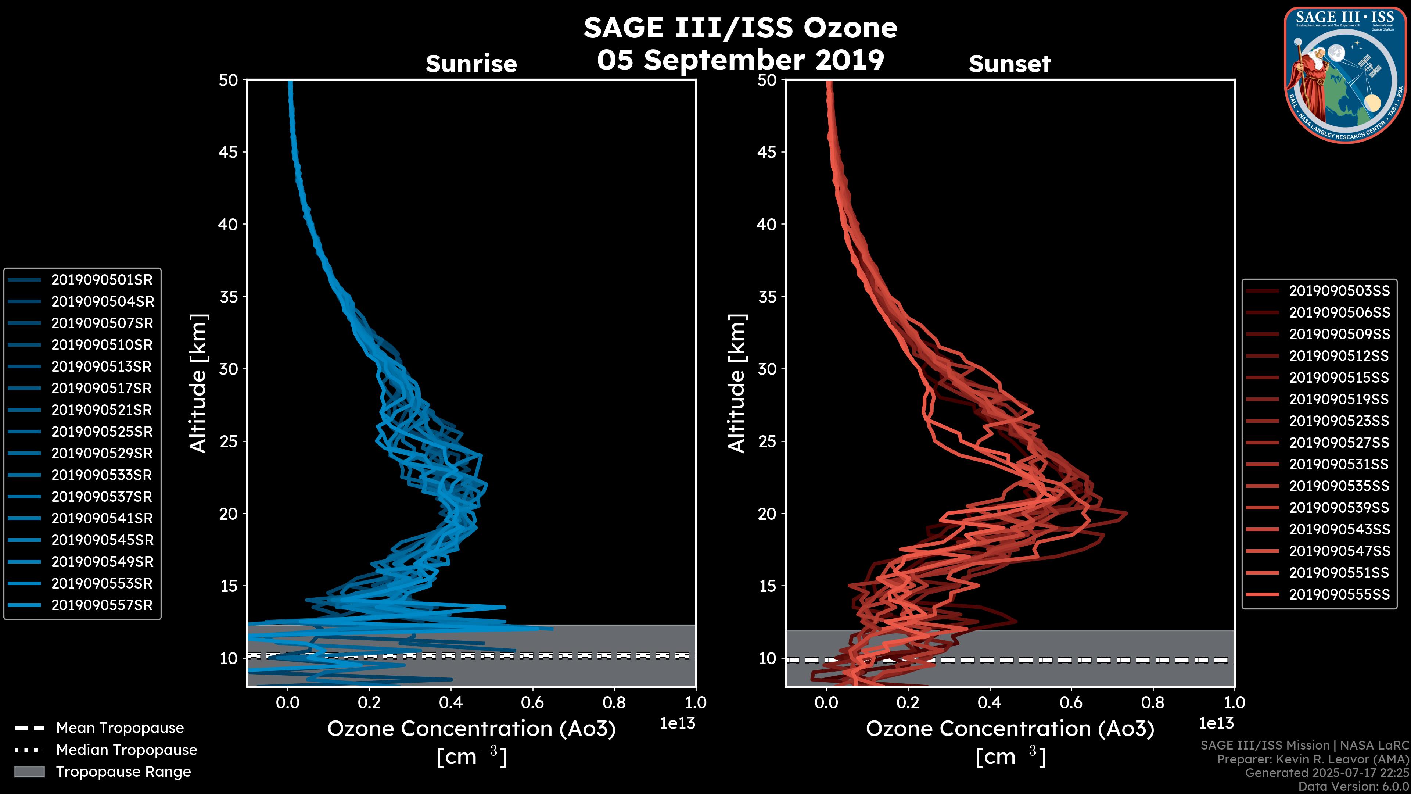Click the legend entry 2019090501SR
(102, 280)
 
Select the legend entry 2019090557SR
(102, 605)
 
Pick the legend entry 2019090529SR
(102, 454)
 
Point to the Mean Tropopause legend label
(119, 728)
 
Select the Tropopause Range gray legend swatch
(29, 772)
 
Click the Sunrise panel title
(471, 64)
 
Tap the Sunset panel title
(1009, 64)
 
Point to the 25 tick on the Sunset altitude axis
(767, 441)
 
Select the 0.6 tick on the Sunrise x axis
(532, 702)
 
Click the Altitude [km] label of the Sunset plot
(737, 383)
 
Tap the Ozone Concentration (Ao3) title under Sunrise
(471, 729)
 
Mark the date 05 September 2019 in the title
(740, 60)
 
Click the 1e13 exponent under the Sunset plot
(1216, 723)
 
